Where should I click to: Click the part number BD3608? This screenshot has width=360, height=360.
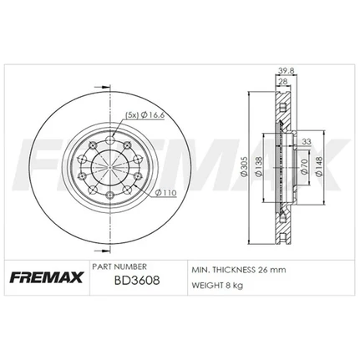[x=137, y=280]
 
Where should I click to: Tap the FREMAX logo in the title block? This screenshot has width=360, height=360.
[x=47, y=277]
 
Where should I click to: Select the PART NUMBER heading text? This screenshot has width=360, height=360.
[x=119, y=266]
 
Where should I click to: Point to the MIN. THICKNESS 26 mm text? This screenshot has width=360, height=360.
[x=239, y=270]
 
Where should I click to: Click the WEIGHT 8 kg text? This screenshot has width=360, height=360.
[x=217, y=285]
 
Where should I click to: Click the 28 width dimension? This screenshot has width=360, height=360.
[x=282, y=81]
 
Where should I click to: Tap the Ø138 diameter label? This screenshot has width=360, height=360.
[x=259, y=167]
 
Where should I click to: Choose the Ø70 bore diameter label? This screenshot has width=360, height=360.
[x=304, y=166]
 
